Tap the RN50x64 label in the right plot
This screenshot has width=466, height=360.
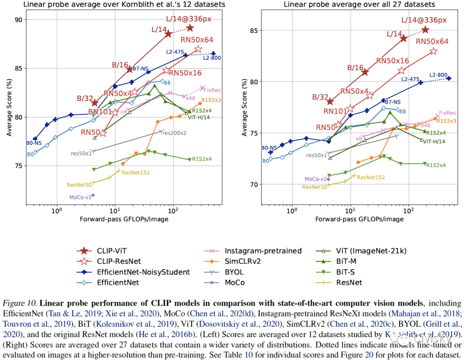point(432,41)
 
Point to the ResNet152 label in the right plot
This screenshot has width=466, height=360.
point(371,177)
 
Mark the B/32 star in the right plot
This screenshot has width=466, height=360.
point(330,101)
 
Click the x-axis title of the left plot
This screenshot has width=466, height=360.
point(124,219)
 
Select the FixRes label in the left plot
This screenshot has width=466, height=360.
point(211,90)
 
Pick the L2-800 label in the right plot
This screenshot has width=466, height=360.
point(439,75)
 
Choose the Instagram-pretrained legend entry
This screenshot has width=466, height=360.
point(263,251)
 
